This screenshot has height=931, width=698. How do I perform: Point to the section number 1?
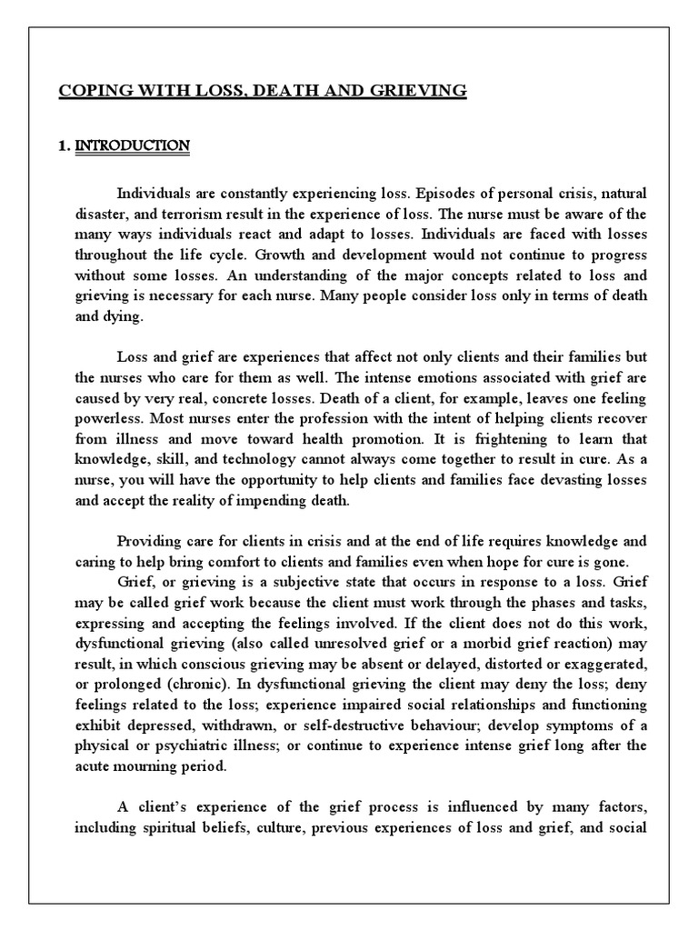[x=64, y=145]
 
